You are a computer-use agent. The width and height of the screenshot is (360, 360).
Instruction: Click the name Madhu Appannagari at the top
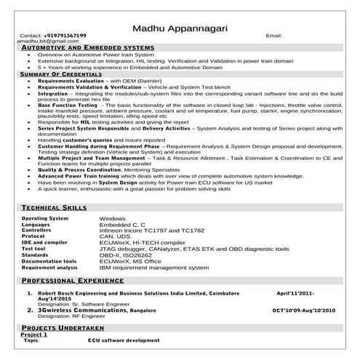click(x=180, y=28)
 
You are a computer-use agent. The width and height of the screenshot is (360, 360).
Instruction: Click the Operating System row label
click(x=45, y=218)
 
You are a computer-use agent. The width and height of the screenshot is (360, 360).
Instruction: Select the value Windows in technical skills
click(x=113, y=218)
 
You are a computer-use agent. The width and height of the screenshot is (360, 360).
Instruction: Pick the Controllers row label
click(x=41, y=230)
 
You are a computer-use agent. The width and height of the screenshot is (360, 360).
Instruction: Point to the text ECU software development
click(x=123, y=341)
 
